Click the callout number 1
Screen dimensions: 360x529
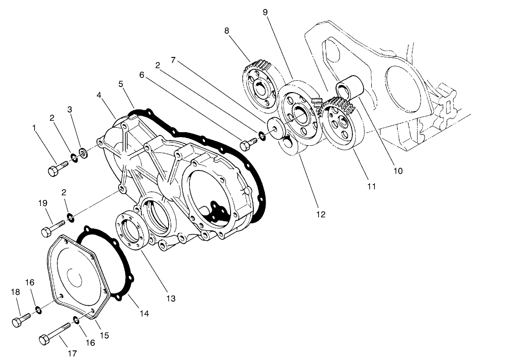34,129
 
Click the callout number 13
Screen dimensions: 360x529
170,299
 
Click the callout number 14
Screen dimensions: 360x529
144,314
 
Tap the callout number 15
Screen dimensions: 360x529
104,335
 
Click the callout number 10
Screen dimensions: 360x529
398,171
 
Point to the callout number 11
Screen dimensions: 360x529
371,186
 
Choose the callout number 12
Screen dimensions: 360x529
321,214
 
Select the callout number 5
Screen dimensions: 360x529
121,84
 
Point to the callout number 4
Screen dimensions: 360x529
99,95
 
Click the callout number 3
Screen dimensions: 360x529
70,109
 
